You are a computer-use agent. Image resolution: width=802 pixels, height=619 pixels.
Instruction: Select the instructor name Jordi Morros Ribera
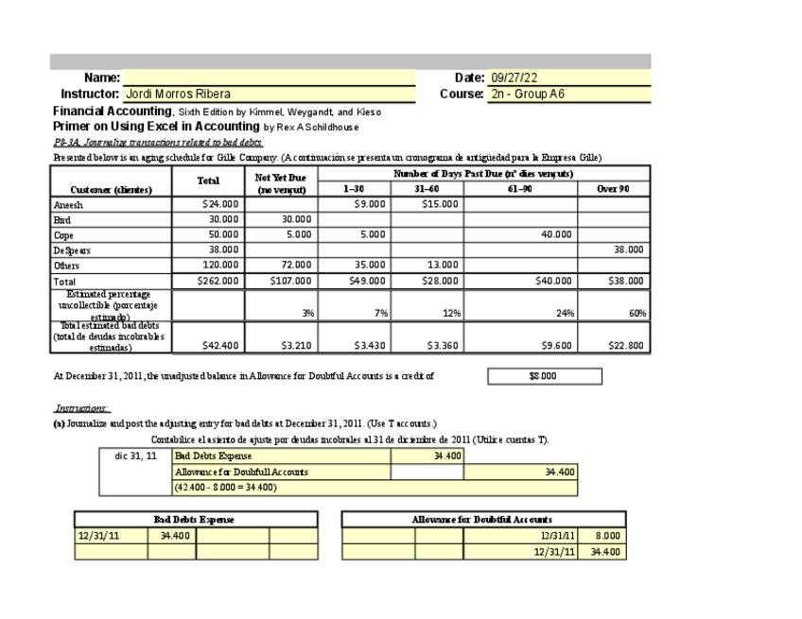pos(179,95)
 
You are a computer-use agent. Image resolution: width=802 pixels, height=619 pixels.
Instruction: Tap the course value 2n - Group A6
pos(528,95)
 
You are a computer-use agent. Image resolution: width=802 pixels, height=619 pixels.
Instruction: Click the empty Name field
pos(269,77)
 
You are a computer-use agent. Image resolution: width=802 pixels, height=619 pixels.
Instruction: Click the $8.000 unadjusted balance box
pos(544,376)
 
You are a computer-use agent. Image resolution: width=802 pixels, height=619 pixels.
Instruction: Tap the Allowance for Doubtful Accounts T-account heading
pos(482,520)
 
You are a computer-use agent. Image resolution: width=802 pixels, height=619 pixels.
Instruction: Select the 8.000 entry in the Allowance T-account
pos(605,536)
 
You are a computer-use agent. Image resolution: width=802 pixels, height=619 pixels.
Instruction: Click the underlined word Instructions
pos(81,408)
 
